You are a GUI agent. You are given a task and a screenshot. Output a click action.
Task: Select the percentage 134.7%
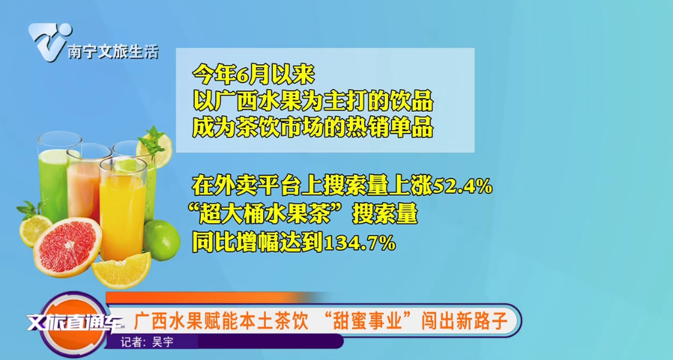358,243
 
